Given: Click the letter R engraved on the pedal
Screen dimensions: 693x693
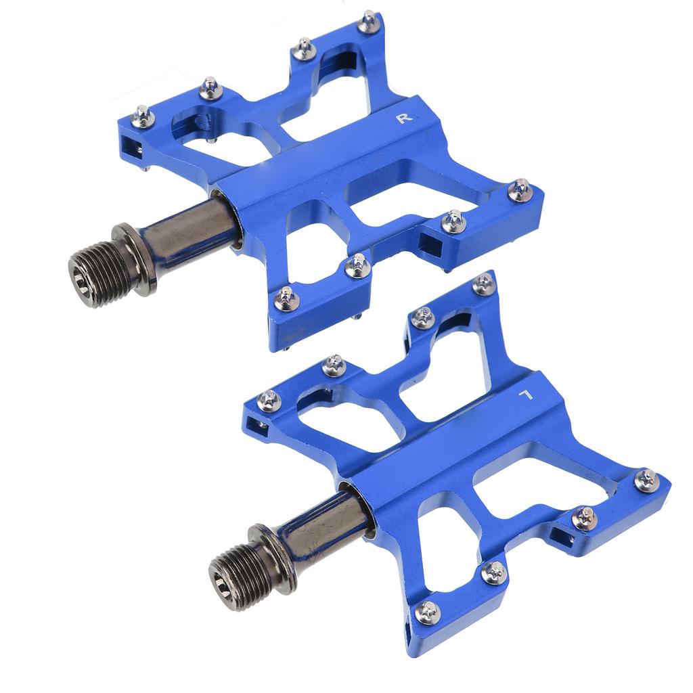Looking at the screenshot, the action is [404, 118].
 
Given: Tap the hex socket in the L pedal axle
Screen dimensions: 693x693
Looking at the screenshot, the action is [223, 589].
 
